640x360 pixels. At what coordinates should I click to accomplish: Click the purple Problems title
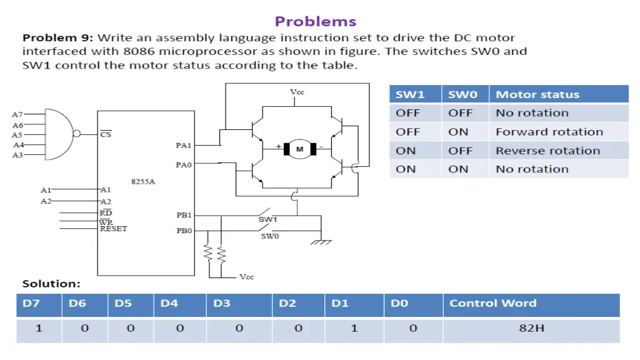316,21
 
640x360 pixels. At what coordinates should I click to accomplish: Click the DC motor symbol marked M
299,149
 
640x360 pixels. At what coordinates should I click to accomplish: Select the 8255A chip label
142,182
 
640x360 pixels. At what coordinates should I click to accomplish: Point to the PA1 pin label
184,146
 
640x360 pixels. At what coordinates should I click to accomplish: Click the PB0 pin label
184,231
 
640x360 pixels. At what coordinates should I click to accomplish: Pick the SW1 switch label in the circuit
267,220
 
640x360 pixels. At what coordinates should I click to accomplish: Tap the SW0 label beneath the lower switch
270,236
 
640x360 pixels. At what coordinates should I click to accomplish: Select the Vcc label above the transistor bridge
297,92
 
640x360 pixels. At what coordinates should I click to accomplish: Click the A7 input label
17,115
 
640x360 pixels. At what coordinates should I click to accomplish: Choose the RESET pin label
113,229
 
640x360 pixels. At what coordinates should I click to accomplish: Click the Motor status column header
537,95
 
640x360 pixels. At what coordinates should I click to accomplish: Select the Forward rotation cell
549,132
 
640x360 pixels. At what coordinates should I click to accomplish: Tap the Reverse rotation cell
547,151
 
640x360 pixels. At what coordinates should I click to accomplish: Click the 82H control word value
531,327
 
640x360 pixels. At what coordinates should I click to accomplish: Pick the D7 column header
31,304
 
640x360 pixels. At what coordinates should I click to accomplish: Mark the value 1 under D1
354,327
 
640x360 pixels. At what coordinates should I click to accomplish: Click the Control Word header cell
492,304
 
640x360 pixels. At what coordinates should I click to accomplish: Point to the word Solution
51,284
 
